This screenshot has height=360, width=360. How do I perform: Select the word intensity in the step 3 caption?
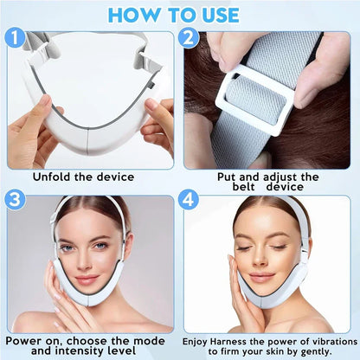tap(84, 351)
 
